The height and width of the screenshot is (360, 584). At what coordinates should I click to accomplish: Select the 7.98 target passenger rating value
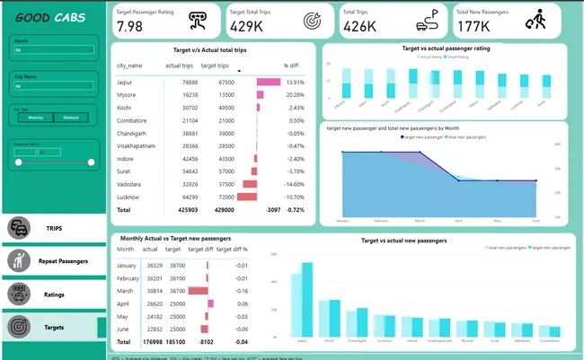[x=130, y=26]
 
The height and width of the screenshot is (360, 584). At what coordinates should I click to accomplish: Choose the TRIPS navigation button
[x=53, y=229]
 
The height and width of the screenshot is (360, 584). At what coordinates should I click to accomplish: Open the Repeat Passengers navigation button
[x=53, y=261]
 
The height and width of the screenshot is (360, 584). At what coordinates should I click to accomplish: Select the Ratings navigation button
[x=53, y=294]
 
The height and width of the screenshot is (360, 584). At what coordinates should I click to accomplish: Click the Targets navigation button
[x=53, y=328]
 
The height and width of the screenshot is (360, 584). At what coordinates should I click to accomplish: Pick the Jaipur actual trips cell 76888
[x=183, y=82]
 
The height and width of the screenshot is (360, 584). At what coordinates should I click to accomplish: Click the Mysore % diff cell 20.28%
[x=294, y=94]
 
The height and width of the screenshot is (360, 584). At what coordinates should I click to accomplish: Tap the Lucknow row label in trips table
[x=129, y=196]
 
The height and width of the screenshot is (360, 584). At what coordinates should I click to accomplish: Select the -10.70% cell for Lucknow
[x=292, y=196]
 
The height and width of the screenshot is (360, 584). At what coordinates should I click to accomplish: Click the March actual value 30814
[x=154, y=291]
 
